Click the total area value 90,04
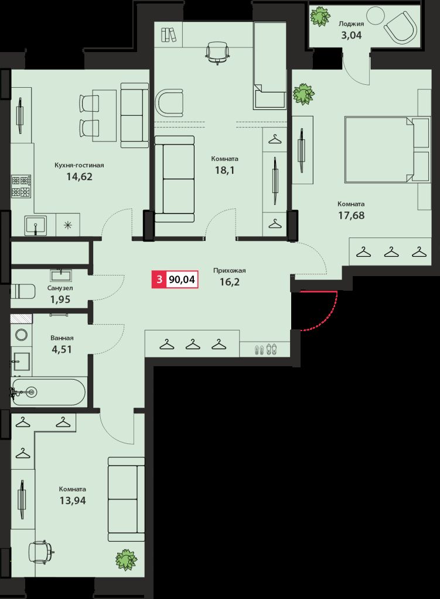(x=182, y=280)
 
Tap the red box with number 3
(x=158, y=280)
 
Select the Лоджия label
(x=352, y=24)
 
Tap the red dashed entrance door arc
(x=329, y=316)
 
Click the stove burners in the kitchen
(x=22, y=186)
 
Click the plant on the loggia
(x=320, y=16)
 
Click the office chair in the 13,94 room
(x=41, y=550)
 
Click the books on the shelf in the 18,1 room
(x=169, y=35)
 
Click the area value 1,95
(x=60, y=299)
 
